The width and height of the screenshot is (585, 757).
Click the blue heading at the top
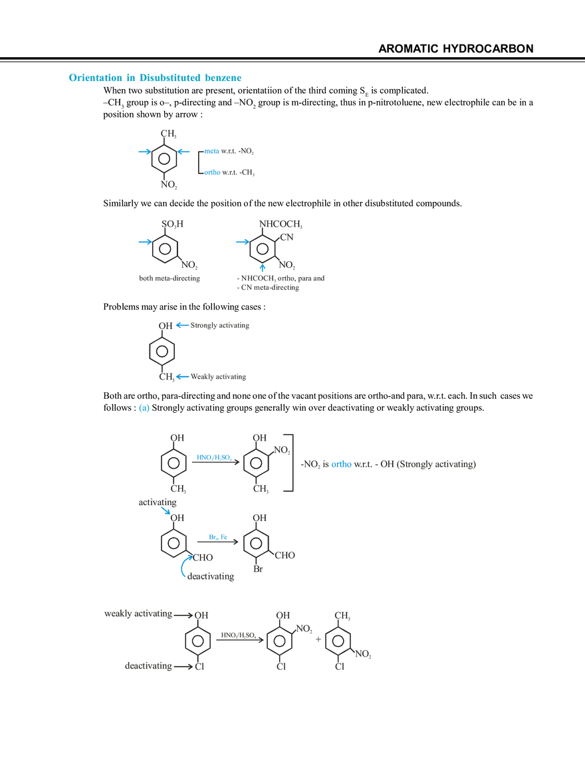pos(154,78)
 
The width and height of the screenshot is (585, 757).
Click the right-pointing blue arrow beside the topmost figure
pos(142,152)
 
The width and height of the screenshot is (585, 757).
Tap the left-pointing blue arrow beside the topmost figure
pos(185,152)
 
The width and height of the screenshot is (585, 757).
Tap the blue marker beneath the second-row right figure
pos(263,269)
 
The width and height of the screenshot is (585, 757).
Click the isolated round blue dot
pos(142,409)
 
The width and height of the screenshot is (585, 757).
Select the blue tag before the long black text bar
pos(341,466)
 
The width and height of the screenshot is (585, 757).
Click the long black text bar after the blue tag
pos(415,466)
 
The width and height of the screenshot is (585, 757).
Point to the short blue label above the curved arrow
pos(218,536)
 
